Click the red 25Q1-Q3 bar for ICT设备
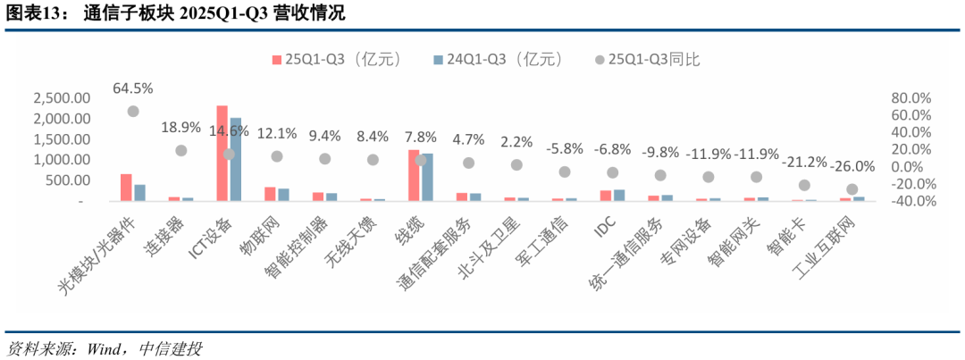pyautogui.click(x=222, y=154)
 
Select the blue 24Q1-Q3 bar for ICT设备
pyautogui.click(x=236, y=160)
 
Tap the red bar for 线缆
pyautogui.click(x=414, y=175)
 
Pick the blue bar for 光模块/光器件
pyautogui.click(x=139, y=192)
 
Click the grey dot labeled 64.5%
pyautogui.click(x=133, y=111)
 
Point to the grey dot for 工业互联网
pyautogui.click(x=852, y=189)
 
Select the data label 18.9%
pyautogui.click(x=180, y=128)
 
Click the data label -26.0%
pyautogui.click(x=852, y=165)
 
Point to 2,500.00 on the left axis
pyautogui.click(x=60, y=97)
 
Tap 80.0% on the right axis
pyautogui.click(x=912, y=97)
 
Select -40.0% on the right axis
pyautogui.click(x=910, y=201)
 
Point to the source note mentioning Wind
pyautogui.click(x=103, y=347)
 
